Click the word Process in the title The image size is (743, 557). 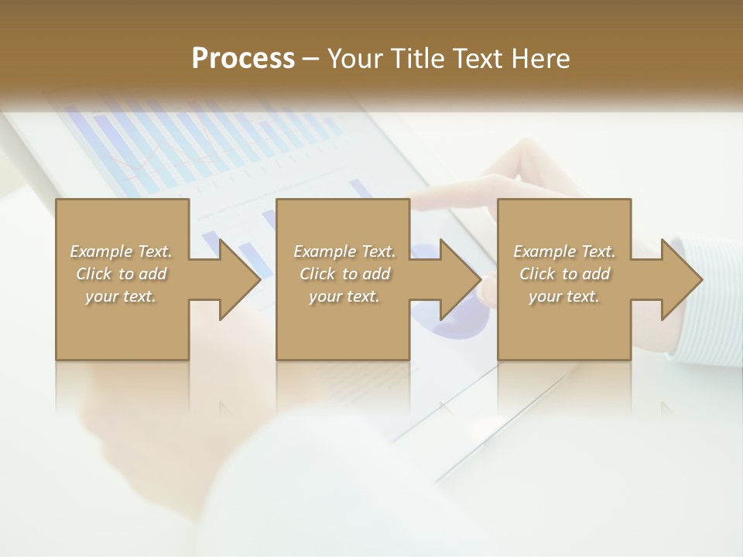(x=243, y=59)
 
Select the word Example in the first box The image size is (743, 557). (x=101, y=251)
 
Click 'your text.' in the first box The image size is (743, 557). (x=121, y=296)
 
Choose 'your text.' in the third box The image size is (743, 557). (x=564, y=296)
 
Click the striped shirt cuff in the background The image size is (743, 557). (x=704, y=309)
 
